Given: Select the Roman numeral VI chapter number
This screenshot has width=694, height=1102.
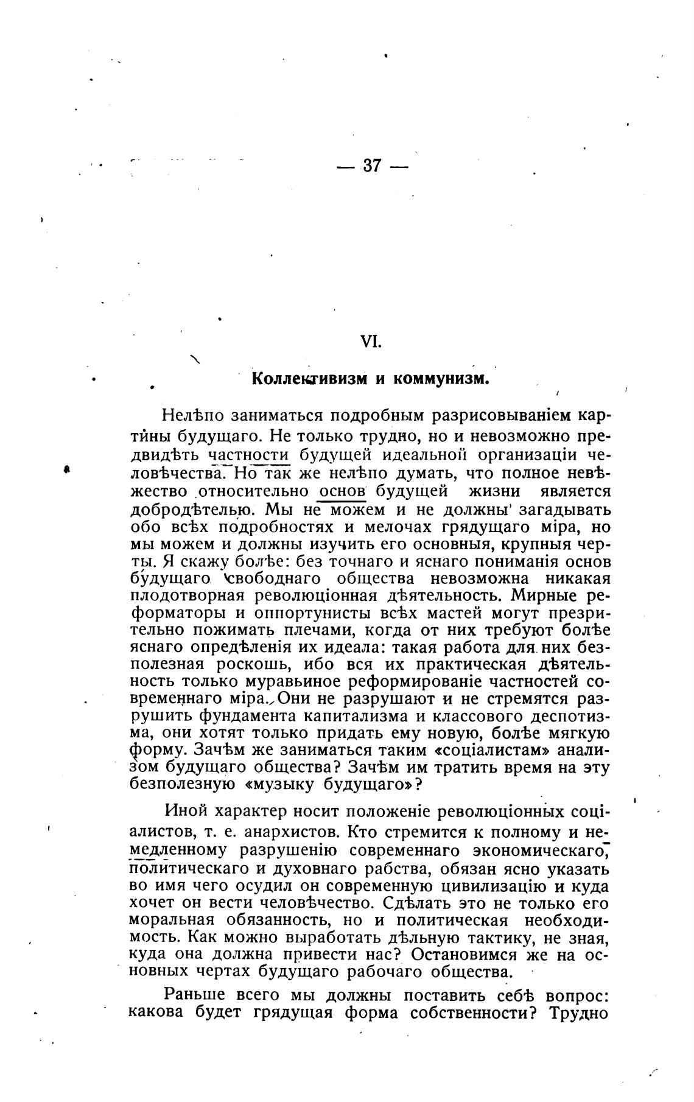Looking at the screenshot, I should (371, 342).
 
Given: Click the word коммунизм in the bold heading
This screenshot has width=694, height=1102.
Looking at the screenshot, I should (441, 379).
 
